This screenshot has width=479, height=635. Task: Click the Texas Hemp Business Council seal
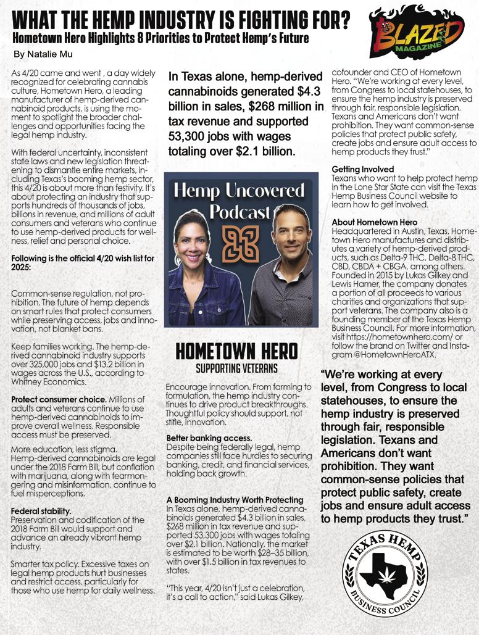click(385, 575)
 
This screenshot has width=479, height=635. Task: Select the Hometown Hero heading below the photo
click(238, 352)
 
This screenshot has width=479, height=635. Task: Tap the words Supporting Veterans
click(237, 368)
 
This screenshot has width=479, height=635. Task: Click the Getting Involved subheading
click(363, 169)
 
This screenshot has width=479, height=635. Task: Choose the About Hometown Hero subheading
click(375, 222)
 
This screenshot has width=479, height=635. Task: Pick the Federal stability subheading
click(41, 511)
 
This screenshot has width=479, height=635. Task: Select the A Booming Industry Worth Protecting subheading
click(235, 499)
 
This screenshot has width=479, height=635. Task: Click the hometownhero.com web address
click(395, 338)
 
